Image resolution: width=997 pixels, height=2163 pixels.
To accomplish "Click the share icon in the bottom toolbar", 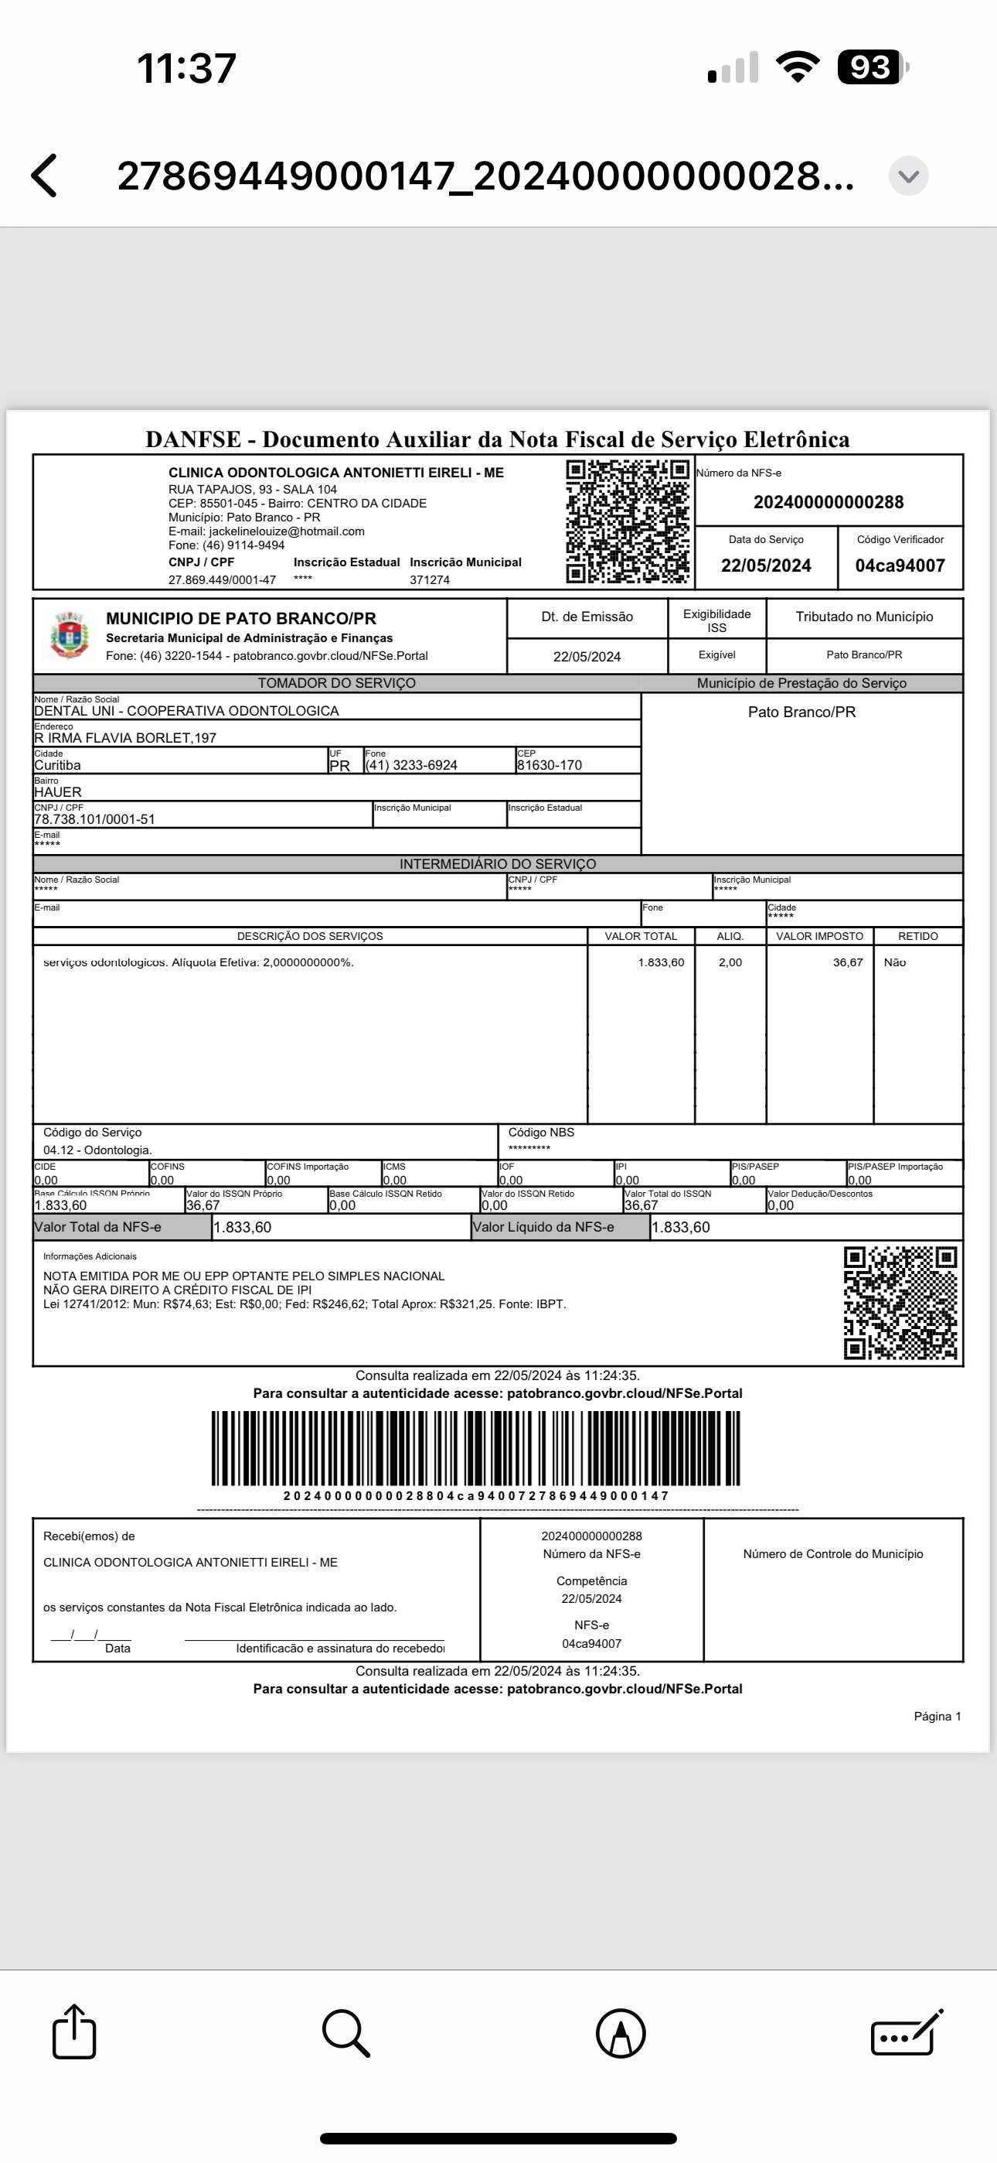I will point(74,2032).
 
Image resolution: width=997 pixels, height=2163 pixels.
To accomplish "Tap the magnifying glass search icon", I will point(345,2033).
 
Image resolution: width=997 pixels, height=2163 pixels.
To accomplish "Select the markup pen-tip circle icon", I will point(621,2034).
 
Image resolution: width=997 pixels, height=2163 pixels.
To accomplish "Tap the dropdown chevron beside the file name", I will point(909,176).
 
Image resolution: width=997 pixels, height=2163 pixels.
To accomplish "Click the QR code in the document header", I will point(628,521).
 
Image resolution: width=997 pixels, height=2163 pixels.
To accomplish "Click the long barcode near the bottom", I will point(476,1448).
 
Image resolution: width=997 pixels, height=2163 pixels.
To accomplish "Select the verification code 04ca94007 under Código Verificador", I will point(900,566).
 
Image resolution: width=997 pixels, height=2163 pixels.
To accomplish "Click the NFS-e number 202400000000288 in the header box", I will point(829,502).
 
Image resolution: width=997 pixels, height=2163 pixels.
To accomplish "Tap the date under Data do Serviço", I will point(765,566).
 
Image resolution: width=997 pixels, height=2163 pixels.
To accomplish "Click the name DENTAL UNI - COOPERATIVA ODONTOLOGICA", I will point(186,711).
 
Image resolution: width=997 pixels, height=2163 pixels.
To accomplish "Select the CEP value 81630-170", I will point(550,765).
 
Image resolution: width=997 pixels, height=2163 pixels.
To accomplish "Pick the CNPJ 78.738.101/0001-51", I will point(95,819).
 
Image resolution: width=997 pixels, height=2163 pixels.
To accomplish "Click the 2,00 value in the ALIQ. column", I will point(730,962).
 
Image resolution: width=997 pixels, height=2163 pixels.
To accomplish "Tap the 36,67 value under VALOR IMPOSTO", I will point(848,962).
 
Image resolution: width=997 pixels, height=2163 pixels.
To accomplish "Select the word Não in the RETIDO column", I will point(895,962).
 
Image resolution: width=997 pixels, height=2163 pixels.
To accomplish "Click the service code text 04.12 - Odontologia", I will point(97,1150).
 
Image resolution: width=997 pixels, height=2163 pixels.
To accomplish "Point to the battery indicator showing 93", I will point(872,67).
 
